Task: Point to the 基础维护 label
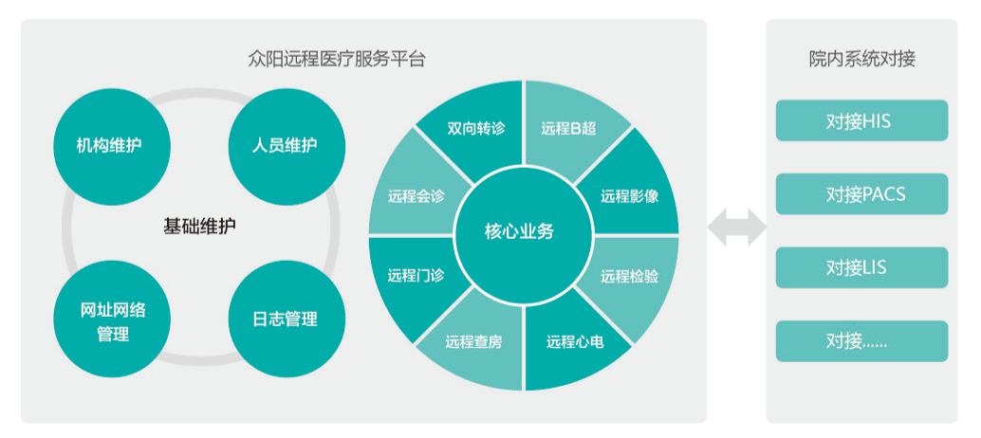[x=199, y=227]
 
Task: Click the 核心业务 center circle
[x=524, y=233]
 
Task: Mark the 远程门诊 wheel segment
[x=416, y=276]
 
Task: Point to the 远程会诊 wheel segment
[x=416, y=196]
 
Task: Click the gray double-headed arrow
[x=737, y=228]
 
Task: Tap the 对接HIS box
[x=861, y=121]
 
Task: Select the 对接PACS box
[x=861, y=194]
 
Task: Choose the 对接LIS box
[x=861, y=268]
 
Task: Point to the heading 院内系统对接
[x=861, y=59]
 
